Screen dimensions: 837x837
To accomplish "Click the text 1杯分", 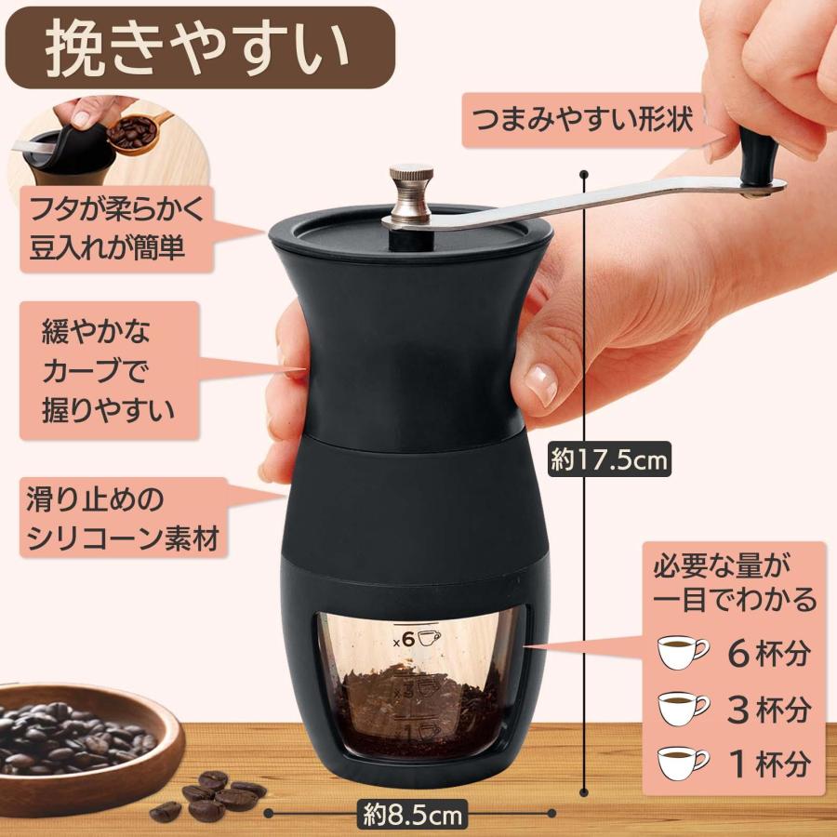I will [x=771, y=764].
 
